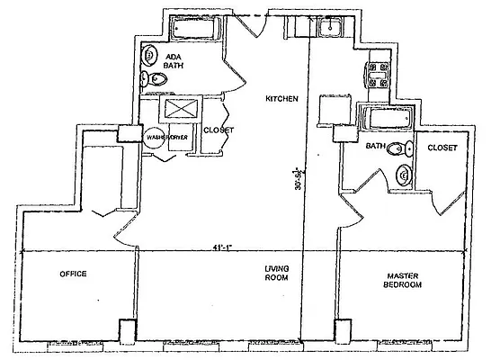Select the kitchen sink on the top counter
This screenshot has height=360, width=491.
329,28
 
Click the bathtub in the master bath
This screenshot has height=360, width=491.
384,117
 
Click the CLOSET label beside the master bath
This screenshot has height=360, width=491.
442,148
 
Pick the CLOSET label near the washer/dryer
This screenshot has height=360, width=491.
219,130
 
